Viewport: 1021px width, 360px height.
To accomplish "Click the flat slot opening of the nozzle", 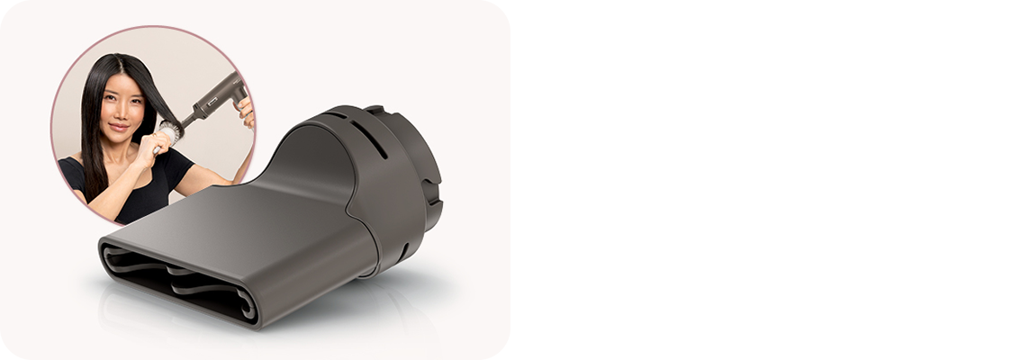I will click(180, 279).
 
